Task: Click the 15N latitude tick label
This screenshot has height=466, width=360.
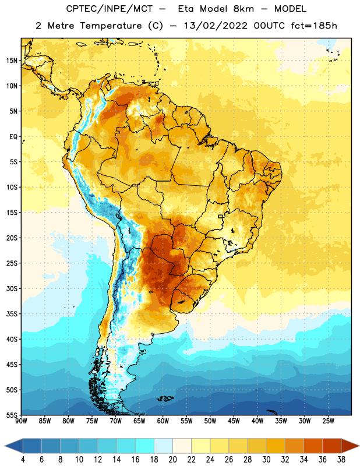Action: click(11, 61)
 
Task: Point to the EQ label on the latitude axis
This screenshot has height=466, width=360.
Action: click(13, 137)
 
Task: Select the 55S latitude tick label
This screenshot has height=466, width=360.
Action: click(12, 415)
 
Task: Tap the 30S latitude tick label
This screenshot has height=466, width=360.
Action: click(12, 288)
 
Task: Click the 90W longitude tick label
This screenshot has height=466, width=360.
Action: click(21, 421)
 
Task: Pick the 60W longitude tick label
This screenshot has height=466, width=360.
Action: click(163, 421)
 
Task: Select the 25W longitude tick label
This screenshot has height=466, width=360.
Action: click(328, 421)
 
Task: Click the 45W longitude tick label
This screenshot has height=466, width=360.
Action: click(234, 421)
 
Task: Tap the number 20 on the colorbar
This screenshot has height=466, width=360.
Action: click(172, 460)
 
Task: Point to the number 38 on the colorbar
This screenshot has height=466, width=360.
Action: click(341, 460)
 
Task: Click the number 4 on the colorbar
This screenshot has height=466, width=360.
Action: click(23, 460)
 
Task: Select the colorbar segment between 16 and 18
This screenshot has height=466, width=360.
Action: click(144, 446)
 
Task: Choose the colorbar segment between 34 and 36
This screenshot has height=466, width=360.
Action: click(313, 446)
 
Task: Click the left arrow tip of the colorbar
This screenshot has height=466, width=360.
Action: click(5, 446)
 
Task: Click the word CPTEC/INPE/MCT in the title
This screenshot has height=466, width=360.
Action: click(110, 9)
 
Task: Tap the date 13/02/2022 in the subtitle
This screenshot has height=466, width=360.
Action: click(216, 26)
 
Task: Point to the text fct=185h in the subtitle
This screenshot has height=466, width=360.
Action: click(314, 26)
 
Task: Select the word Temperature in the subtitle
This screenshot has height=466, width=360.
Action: click(111, 26)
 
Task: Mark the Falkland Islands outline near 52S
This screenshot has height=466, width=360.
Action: click(165, 398)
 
